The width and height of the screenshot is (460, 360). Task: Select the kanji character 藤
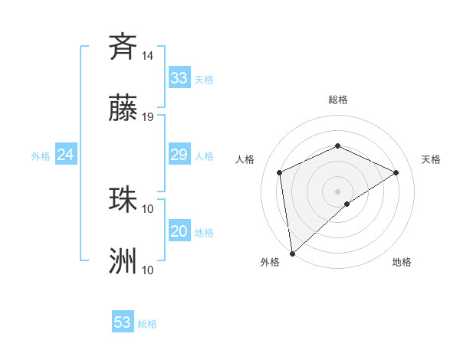point(123,108)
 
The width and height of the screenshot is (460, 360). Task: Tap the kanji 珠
point(123,198)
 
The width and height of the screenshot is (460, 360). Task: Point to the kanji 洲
point(123,261)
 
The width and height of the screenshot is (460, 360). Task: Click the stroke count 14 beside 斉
point(148,55)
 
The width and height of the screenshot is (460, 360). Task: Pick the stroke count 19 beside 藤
point(148,117)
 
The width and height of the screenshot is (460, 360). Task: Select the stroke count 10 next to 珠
point(148,208)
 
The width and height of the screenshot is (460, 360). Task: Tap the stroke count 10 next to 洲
point(148,270)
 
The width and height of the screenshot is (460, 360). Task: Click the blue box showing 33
point(179,78)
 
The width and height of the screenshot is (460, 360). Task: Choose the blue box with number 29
point(179,155)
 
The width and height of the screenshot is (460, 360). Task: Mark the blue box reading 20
point(179,231)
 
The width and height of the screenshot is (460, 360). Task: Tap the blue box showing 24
point(66,155)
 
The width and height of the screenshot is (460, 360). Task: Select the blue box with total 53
point(123,322)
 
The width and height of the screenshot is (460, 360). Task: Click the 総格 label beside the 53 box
point(147,324)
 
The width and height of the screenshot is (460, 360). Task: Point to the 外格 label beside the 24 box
point(41,156)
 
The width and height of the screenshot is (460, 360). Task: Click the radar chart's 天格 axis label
point(431,159)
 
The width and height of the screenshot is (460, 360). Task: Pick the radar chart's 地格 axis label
point(402,262)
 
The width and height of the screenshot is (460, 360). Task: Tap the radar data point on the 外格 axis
point(292,253)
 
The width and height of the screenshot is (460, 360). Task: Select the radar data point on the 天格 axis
point(396,172)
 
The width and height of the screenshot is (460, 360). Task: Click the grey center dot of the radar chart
point(337,191)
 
